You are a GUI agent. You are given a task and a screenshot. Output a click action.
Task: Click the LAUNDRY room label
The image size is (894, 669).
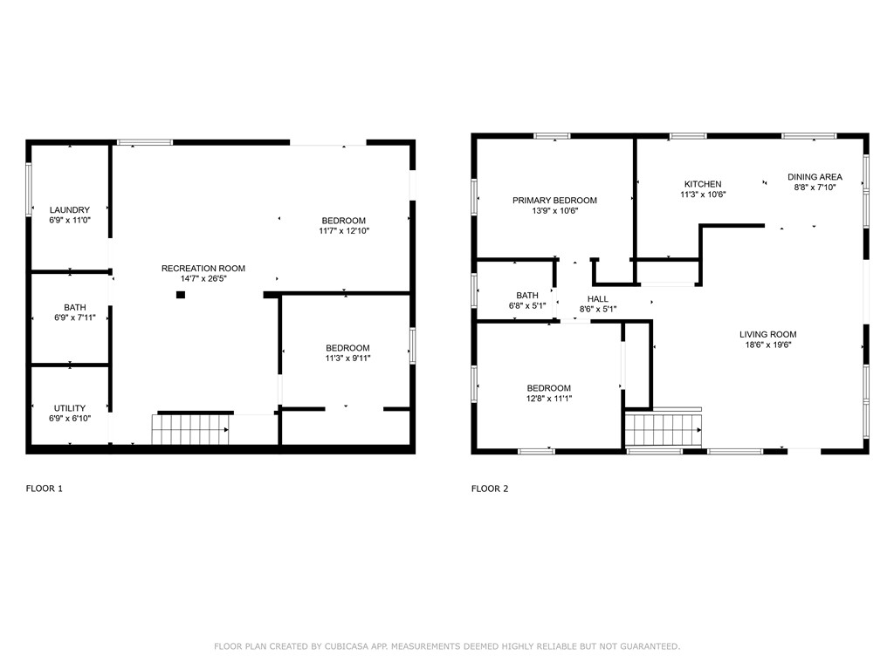(x=70, y=210)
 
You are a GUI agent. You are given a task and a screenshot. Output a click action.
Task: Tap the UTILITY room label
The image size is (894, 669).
(x=70, y=408)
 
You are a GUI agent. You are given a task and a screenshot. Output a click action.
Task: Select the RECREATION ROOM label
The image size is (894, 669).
(x=203, y=269)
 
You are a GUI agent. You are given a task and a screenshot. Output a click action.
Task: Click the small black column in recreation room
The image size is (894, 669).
(x=181, y=295)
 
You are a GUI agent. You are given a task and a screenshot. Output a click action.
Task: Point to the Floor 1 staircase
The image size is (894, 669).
(x=190, y=429)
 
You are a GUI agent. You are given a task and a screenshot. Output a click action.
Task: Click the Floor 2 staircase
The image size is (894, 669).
(x=664, y=429)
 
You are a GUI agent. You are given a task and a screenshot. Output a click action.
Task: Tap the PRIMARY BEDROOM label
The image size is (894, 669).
(x=554, y=201)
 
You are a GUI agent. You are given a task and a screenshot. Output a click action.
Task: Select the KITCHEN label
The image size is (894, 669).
(x=703, y=184)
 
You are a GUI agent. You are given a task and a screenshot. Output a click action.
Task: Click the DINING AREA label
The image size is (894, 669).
(x=815, y=177)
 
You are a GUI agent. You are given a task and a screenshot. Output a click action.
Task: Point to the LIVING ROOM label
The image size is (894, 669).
(x=767, y=334)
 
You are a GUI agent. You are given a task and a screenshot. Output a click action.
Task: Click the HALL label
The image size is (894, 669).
(x=598, y=299)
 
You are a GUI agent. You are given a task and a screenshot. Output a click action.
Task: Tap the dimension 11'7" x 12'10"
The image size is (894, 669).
(x=343, y=231)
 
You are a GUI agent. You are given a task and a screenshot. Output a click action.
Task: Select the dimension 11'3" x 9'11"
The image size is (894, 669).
(x=347, y=358)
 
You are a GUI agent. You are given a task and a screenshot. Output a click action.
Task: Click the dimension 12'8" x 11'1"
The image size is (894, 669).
(x=548, y=399)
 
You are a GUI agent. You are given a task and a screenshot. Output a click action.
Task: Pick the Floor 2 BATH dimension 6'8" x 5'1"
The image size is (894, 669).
(x=527, y=306)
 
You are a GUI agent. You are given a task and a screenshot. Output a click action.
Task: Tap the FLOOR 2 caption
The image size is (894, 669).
(x=490, y=488)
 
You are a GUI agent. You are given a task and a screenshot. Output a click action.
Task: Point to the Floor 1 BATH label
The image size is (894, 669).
(x=75, y=308)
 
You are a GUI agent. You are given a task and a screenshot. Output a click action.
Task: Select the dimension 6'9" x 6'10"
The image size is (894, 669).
(x=70, y=419)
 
